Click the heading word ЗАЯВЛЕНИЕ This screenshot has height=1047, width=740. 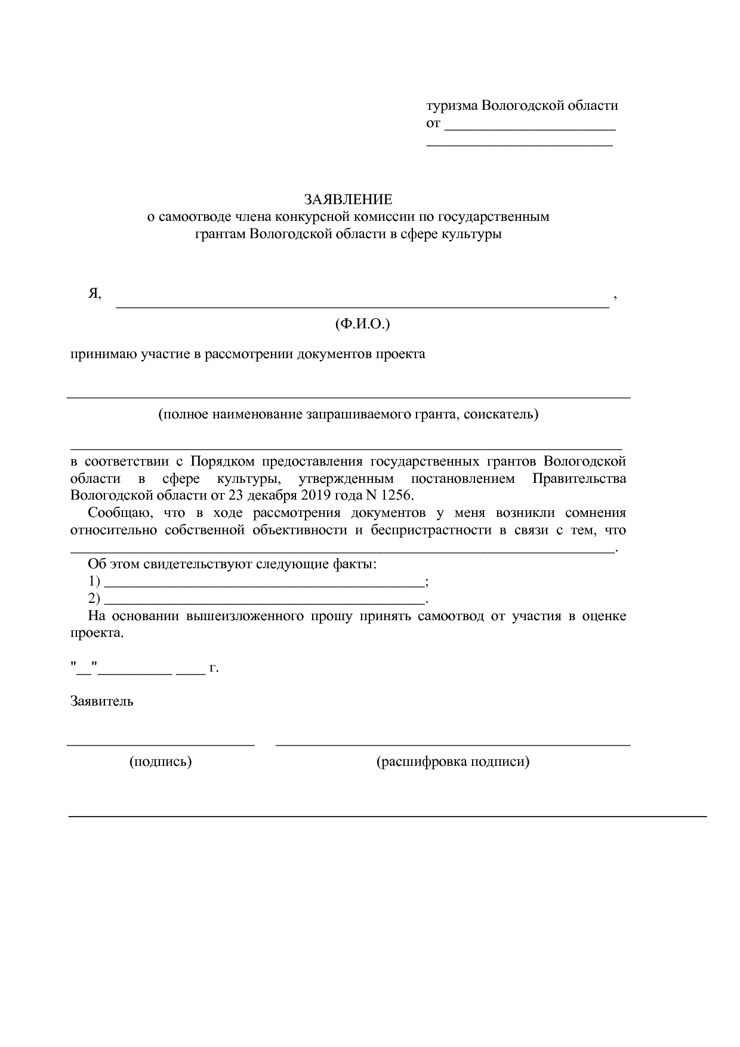349,199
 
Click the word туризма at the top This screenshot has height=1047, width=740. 452,106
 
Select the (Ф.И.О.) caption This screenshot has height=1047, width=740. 362,324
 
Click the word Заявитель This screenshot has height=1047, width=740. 101,701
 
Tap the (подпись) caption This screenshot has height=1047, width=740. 161,762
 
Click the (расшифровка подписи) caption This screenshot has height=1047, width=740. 452,762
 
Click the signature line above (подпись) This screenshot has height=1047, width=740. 161,744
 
